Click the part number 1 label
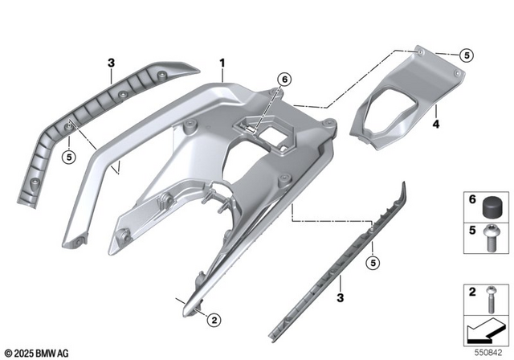tap(223, 62)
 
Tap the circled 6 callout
tap(283, 80)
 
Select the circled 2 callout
tap(213, 321)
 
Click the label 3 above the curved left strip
tap(112, 62)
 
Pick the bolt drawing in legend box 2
tap(492, 298)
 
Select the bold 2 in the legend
tap(472, 292)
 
